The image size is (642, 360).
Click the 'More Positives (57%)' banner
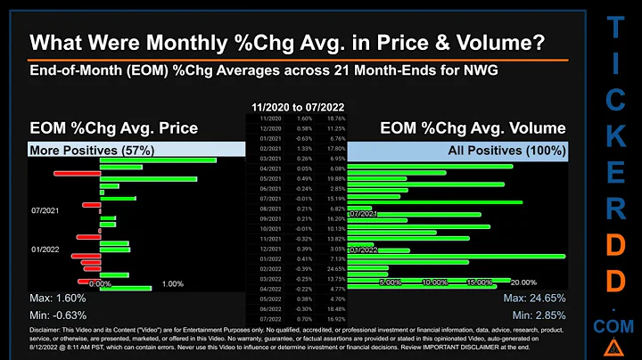[78, 151]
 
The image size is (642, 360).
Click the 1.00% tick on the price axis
[173, 283]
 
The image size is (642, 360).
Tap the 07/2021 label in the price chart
[45, 211]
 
